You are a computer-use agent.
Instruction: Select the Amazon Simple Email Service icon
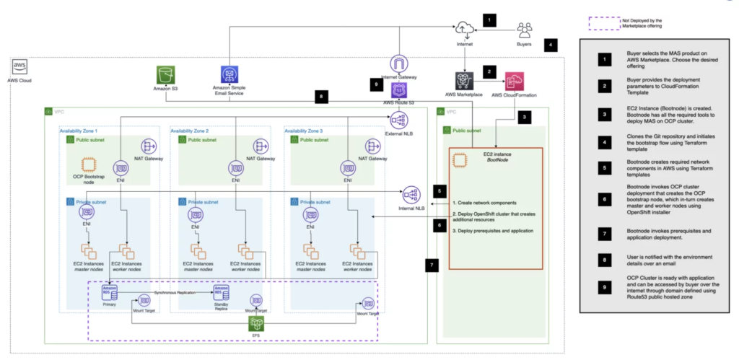tap(230, 76)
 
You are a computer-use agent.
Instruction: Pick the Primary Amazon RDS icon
tap(109, 293)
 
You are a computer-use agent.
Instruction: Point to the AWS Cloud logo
tap(21, 67)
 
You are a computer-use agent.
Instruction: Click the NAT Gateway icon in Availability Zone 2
tap(263, 146)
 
